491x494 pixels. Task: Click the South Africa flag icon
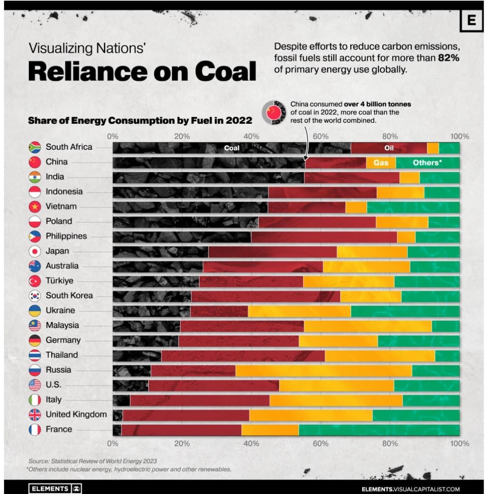click(x=35, y=147)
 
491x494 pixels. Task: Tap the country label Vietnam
click(x=61, y=206)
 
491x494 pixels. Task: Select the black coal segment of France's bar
click(x=117, y=430)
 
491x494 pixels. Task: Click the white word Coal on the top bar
click(x=232, y=148)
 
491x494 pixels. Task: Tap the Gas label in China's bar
click(x=381, y=163)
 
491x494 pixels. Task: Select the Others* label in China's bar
click(x=427, y=163)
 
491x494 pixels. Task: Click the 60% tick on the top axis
click(x=320, y=136)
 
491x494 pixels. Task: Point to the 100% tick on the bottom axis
click(x=459, y=443)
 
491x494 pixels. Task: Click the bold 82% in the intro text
click(x=448, y=58)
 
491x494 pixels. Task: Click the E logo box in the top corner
click(x=471, y=20)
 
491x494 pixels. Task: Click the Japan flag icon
click(x=35, y=251)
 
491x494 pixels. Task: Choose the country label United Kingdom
click(x=76, y=414)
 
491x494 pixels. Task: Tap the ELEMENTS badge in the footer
click(x=55, y=488)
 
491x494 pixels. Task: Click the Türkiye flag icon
click(x=35, y=281)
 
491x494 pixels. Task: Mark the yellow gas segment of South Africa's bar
click(x=433, y=148)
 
